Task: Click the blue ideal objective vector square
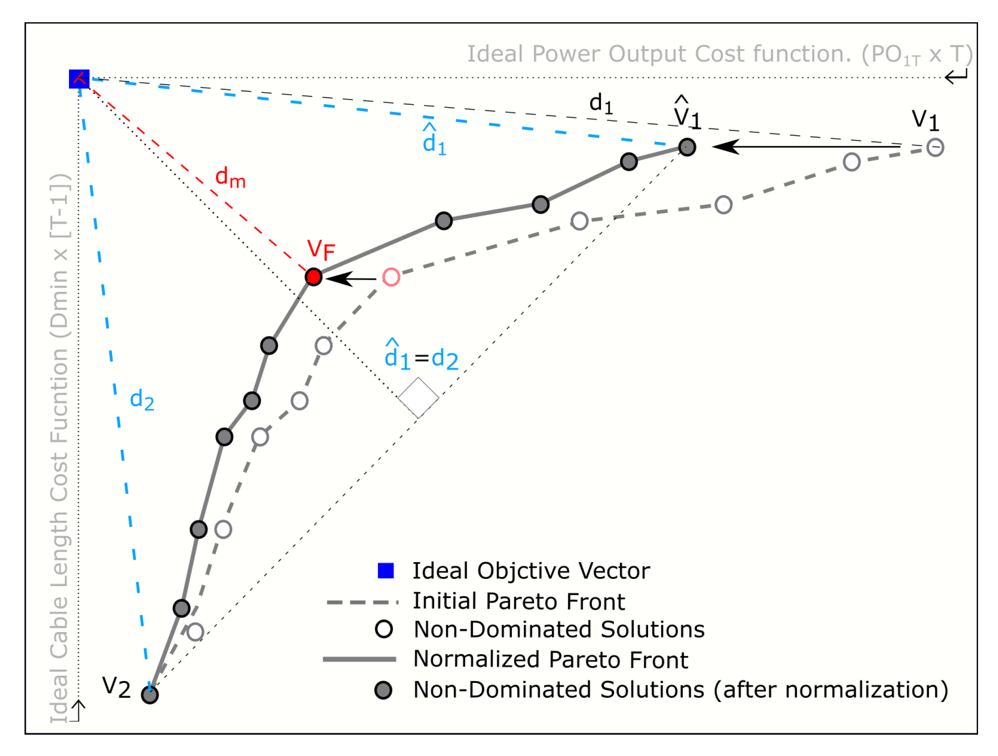(79, 79)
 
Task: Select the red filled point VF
(313, 277)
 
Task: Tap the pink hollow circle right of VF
(391, 277)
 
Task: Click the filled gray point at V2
(149, 694)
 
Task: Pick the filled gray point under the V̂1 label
(687, 147)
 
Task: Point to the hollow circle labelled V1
(935, 148)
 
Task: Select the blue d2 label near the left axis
(142, 400)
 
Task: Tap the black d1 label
(600, 104)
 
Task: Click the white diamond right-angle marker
(418, 398)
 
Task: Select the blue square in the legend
(385, 571)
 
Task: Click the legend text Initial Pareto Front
(518, 601)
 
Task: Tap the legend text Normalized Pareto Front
(551, 659)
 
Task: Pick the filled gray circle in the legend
(383, 690)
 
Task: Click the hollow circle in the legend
(383, 629)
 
